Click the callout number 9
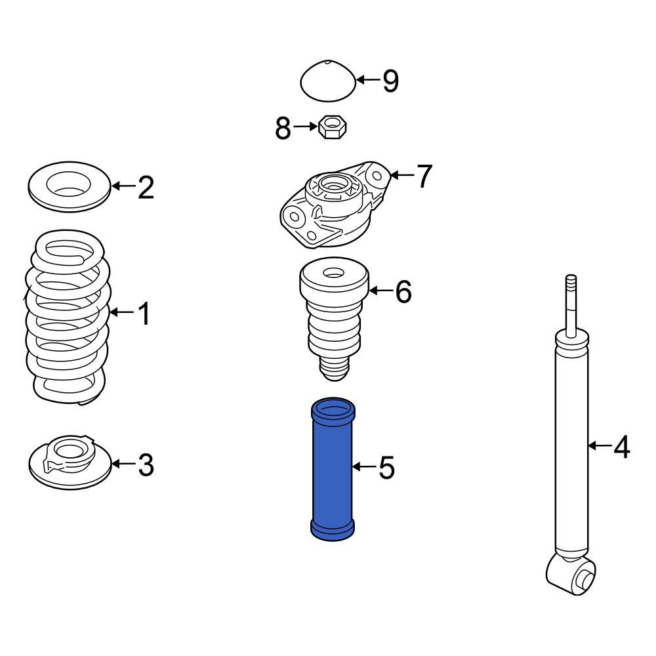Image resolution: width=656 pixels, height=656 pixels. pyautogui.click(x=391, y=81)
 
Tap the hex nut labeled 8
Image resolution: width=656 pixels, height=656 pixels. pyautogui.click(x=333, y=127)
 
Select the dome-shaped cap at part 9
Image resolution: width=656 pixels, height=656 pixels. pyautogui.click(x=329, y=81)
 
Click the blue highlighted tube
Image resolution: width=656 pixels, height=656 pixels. pyautogui.click(x=333, y=469)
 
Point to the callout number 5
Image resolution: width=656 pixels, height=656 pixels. pyautogui.click(x=386, y=468)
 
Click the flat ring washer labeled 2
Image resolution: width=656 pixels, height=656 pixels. pyautogui.click(x=70, y=186)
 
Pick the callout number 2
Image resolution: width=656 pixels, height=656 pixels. pyautogui.click(x=146, y=187)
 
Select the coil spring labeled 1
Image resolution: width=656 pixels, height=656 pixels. pyautogui.click(x=68, y=317)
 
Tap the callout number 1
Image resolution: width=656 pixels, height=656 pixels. pyautogui.click(x=144, y=314)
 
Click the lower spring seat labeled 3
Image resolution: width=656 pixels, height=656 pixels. pyautogui.click(x=70, y=462)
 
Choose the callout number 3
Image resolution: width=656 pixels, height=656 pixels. pyautogui.click(x=146, y=465)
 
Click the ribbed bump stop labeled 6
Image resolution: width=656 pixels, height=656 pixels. pyautogui.click(x=334, y=319)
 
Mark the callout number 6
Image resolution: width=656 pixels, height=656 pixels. pyautogui.click(x=403, y=291)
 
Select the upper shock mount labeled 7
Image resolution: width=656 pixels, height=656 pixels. pyautogui.click(x=335, y=205)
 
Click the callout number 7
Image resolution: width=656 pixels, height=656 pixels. pyautogui.click(x=423, y=176)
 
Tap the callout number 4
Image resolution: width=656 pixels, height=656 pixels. pyautogui.click(x=622, y=446)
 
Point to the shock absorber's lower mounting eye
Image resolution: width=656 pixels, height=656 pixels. pyautogui.click(x=571, y=573)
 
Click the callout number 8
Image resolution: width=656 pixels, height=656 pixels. pyautogui.click(x=283, y=128)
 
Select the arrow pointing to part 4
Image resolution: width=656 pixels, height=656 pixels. pyautogui.click(x=599, y=446)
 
